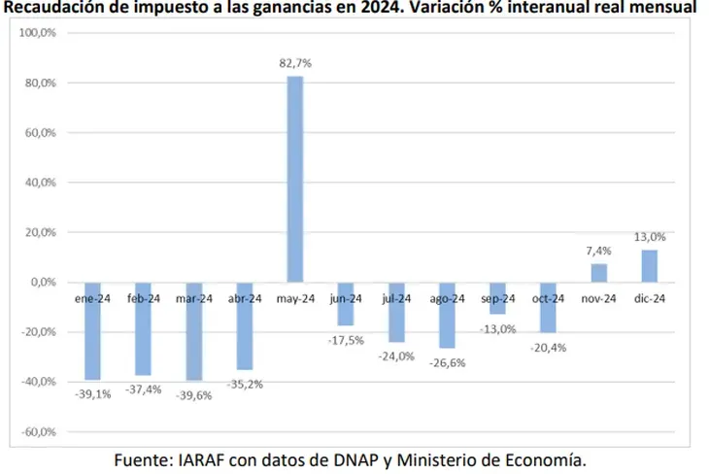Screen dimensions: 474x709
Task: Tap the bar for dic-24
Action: tap(649, 266)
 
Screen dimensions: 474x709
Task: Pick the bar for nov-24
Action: tap(599, 273)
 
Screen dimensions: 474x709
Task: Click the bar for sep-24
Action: tap(497, 298)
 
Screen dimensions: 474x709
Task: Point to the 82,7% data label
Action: tap(295, 63)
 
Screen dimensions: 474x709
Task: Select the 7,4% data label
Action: tap(599, 252)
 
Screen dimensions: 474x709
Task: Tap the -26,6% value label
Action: tap(448, 361)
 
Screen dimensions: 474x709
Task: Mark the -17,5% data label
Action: tap(346, 339)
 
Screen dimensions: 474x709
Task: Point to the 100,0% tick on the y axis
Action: tap(38, 33)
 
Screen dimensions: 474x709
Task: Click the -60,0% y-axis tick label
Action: tap(38, 431)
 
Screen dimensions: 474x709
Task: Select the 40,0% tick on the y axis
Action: tap(40, 183)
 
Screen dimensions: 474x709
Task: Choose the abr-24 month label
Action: tap(245, 299)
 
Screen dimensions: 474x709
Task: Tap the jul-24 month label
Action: tap(397, 299)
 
